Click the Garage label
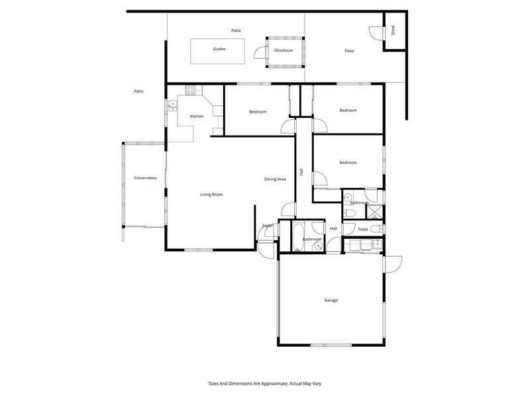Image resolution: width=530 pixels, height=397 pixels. [x=331, y=300]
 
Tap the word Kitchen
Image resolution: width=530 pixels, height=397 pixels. [x=197, y=116]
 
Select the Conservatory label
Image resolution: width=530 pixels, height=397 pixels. [x=145, y=178]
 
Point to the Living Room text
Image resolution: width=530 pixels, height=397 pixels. [x=211, y=195]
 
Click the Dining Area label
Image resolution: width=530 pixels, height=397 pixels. [x=275, y=179]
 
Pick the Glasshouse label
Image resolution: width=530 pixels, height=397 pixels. [x=284, y=50]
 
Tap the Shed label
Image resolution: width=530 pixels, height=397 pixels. [x=393, y=30]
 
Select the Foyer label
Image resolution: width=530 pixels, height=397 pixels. [x=268, y=226]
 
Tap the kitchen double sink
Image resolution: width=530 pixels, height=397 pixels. [x=172, y=104]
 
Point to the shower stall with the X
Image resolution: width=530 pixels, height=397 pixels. [x=374, y=212]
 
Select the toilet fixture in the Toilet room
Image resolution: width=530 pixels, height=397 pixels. [x=376, y=229]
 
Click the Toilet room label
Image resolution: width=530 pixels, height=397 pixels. [x=362, y=229]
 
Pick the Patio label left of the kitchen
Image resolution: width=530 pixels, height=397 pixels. [x=138, y=91]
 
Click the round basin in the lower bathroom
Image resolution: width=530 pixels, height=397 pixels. [x=319, y=245]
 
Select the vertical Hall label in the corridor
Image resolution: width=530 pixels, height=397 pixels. [x=301, y=171]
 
